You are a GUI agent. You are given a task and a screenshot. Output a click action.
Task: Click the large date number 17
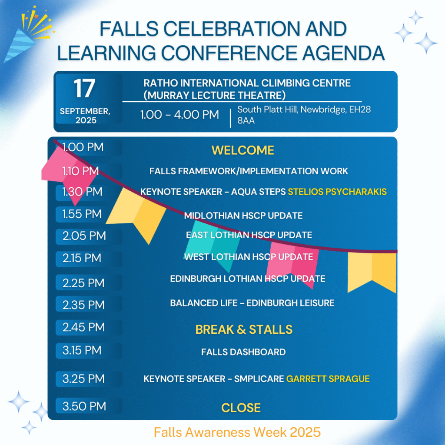pyautogui.click(x=84, y=88)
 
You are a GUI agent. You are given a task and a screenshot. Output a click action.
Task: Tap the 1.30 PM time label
pyautogui.click(x=82, y=192)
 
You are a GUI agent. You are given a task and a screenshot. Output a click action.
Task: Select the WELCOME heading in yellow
pyautogui.click(x=243, y=150)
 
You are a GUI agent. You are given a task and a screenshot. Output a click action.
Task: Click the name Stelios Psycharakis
pyautogui.click(x=337, y=192)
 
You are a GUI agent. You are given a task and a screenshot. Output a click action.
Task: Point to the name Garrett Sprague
pyautogui.click(x=328, y=379)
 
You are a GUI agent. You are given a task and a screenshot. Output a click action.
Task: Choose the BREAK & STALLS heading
pyautogui.click(x=244, y=329)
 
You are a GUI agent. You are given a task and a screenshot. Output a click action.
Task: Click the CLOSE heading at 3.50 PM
pyautogui.click(x=241, y=408)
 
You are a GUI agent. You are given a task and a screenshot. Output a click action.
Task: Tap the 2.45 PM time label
pyautogui.click(x=84, y=327)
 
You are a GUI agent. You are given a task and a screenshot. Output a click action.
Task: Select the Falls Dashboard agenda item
pyautogui.click(x=243, y=352)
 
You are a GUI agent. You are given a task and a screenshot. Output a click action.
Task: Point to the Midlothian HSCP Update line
pyautogui.click(x=243, y=216)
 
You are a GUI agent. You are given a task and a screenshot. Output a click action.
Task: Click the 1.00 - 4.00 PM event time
pyautogui.click(x=179, y=115)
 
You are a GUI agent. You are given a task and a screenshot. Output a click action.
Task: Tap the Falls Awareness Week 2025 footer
pyautogui.click(x=237, y=432)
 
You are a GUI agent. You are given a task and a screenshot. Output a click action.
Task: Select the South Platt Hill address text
pyautogui.click(x=303, y=115)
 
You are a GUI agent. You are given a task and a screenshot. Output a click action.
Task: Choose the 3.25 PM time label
pyautogui.click(x=84, y=379)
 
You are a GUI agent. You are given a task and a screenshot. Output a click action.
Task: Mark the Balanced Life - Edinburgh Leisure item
pyautogui.click(x=252, y=303)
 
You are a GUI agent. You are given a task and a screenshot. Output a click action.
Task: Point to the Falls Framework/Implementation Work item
pyautogui.click(x=249, y=171)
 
